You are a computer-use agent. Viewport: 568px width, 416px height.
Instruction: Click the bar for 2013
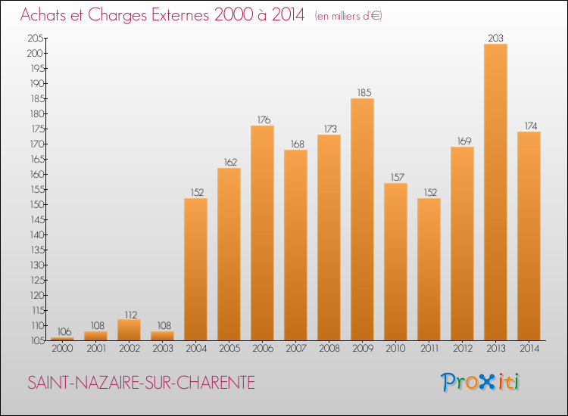pos(495,192)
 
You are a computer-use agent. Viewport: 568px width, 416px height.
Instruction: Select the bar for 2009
pos(362,219)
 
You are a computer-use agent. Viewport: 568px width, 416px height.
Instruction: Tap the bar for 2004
pos(195,269)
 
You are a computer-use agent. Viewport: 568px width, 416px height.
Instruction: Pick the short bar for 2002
pos(129,330)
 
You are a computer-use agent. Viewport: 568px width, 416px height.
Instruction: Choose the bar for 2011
pos(429,269)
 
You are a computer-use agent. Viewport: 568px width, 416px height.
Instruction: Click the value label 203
pos(495,38)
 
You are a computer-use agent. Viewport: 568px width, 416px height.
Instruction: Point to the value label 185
pos(362,92)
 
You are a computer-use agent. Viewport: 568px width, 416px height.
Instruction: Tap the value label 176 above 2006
pos(262,120)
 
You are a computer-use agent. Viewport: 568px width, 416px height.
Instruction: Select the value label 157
pos(395,177)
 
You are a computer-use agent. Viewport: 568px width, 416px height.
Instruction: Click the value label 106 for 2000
pos(62,331)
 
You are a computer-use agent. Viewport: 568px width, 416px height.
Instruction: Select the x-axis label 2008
pos(329,349)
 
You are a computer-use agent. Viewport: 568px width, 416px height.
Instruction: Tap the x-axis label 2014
pos(529,349)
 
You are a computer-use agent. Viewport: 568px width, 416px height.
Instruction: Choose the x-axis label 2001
pos(95,349)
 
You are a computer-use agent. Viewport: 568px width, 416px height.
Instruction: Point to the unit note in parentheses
pos(348,15)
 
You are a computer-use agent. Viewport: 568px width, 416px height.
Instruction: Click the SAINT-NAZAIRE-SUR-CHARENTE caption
pos(141,383)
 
